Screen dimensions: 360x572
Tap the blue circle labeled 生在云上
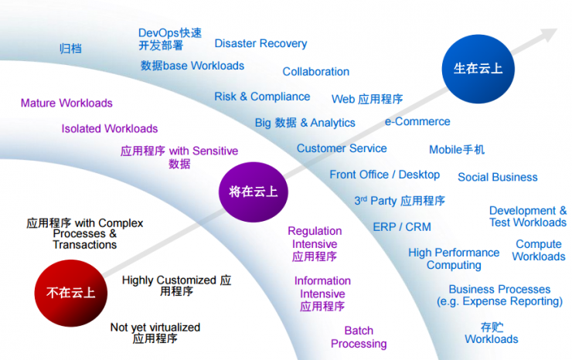coord(472,69)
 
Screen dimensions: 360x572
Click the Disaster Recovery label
coord(260,44)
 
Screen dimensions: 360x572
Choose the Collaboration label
coord(315,72)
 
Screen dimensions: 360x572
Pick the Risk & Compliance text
coord(262,97)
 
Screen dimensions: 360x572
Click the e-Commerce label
coord(417,121)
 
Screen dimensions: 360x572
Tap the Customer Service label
coord(342,148)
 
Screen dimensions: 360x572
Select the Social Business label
coord(497,177)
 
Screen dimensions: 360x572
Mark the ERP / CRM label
coord(402,227)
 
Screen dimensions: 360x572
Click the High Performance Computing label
coord(454,259)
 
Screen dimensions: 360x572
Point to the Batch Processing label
coord(359,338)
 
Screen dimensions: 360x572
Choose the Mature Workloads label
coord(66,103)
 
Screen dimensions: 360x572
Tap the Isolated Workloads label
coord(110,128)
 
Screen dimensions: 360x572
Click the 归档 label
coord(70,49)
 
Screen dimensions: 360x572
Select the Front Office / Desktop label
coord(384,175)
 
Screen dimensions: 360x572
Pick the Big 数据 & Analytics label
coord(305,123)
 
